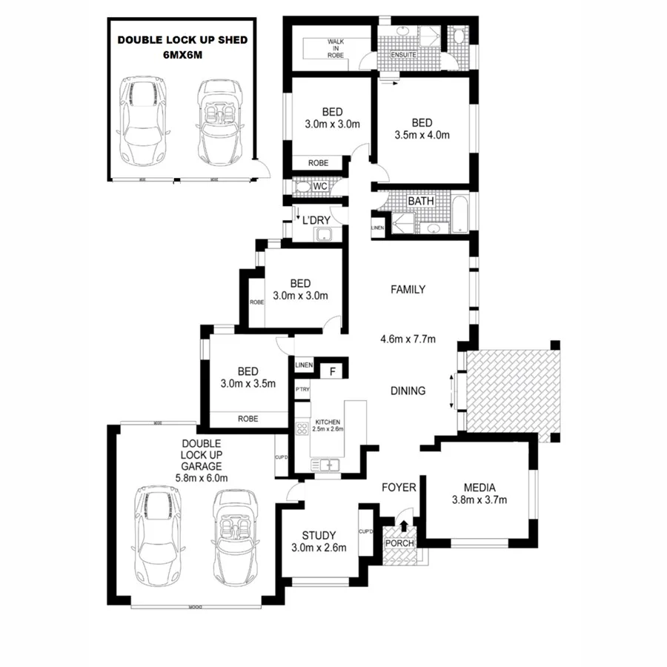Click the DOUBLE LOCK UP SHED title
[182, 40]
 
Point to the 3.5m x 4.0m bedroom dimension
[422, 135]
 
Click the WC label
[319, 187]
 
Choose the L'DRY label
[316, 219]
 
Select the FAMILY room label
[408, 290]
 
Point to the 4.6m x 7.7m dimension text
[408, 339]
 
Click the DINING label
[408, 391]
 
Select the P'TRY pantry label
[302, 390]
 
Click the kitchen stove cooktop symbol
[302, 428]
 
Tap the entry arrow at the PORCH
[403, 525]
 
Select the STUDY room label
[319, 535]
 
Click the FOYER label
[399, 487]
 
